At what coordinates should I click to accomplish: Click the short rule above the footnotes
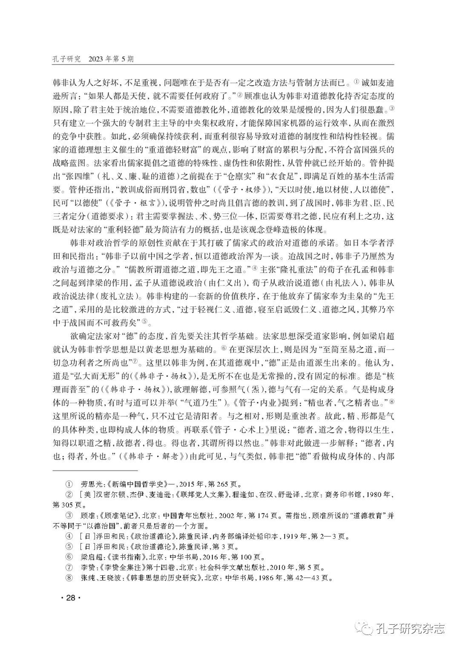[x=95, y=471]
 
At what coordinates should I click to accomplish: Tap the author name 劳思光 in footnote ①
[x=90, y=484]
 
